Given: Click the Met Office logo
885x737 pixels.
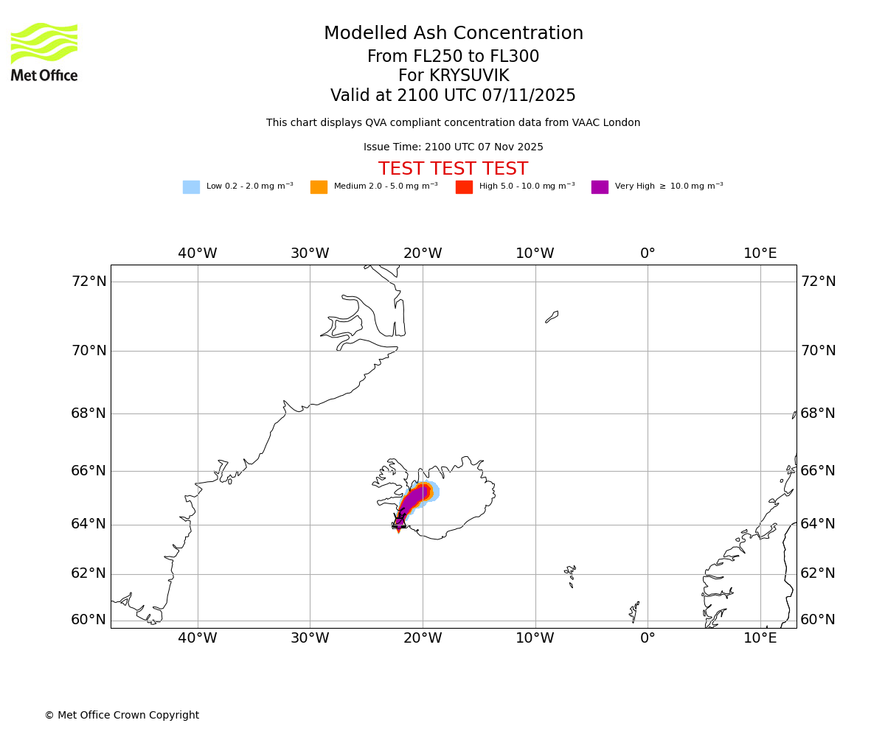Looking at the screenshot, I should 44,52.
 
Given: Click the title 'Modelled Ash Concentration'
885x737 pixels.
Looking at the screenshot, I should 454,34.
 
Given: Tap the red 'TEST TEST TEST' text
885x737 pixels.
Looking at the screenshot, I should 453,170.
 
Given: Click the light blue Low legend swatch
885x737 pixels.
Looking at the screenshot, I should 191,187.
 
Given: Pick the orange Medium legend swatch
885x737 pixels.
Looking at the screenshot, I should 319,187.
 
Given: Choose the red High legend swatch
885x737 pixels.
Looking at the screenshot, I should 464,187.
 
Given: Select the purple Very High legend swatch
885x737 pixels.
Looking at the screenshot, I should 600,187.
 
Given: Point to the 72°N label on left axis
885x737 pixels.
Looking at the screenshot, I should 88,282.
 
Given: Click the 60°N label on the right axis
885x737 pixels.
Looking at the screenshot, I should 818,620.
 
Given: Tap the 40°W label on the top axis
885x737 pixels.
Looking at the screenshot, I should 198,254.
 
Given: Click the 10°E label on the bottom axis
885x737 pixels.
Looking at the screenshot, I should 760,638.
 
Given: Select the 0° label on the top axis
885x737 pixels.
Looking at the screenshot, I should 648,254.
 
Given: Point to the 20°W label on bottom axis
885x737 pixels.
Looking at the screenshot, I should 423,638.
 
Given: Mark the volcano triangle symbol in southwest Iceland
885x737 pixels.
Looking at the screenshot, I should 399,521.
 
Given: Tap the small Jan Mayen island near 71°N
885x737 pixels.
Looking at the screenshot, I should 552,317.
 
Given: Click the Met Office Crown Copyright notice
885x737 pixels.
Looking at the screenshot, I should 122,716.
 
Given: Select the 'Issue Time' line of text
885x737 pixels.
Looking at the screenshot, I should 453,147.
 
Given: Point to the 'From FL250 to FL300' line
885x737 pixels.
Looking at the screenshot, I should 453,57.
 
